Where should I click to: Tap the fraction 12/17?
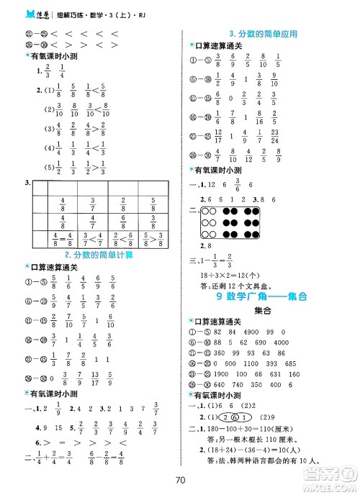point(218,135)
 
